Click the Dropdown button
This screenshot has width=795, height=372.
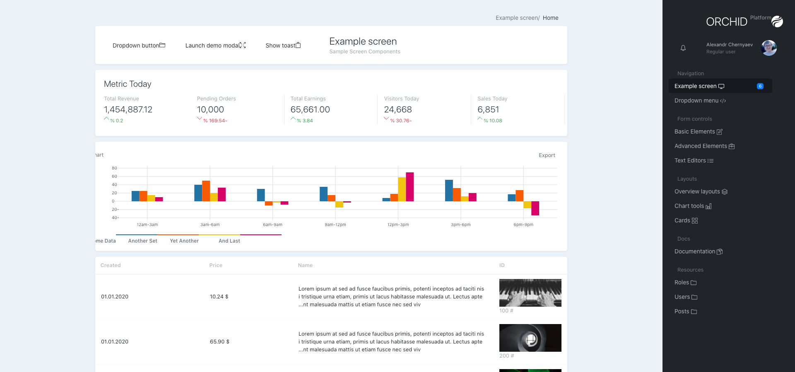click(x=139, y=45)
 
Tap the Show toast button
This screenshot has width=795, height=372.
click(x=283, y=45)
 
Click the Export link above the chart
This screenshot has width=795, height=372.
click(x=547, y=155)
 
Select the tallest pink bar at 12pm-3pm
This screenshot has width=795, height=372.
click(x=410, y=187)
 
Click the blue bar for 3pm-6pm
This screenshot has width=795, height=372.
click(x=449, y=191)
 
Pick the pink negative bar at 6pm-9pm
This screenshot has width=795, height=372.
click(x=535, y=208)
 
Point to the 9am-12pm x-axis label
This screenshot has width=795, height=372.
click(x=335, y=225)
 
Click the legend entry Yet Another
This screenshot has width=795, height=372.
click(x=184, y=241)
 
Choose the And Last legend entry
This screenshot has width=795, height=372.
click(x=229, y=241)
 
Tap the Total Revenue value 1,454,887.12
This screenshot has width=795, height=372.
click(x=128, y=110)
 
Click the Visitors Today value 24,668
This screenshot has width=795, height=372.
click(x=398, y=110)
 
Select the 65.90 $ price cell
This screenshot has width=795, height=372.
click(x=219, y=342)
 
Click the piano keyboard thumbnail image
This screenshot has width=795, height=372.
click(x=530, y=293)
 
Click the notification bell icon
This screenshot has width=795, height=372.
click(x=683, y=48)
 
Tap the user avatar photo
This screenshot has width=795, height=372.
click(x=769, y=48)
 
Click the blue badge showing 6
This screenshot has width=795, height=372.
click(x=760, y=86)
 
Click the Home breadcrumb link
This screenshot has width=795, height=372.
click(x=550, y=18)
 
